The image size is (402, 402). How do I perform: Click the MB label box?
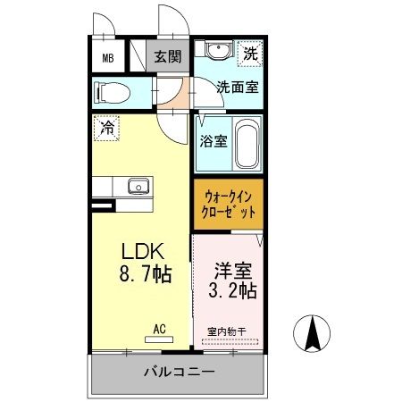(107, 58)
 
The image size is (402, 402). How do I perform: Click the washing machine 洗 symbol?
(251, 54)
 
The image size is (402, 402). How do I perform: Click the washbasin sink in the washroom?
(214, 51)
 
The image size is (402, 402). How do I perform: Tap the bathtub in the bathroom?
(247, 145)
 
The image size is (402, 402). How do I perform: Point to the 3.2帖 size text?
(232, 289)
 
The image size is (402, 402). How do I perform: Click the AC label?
(159, 329)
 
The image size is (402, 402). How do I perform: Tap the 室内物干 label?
(230, 331)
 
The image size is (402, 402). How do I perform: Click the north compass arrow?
(314, 336)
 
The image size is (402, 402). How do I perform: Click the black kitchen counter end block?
(105, 207)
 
